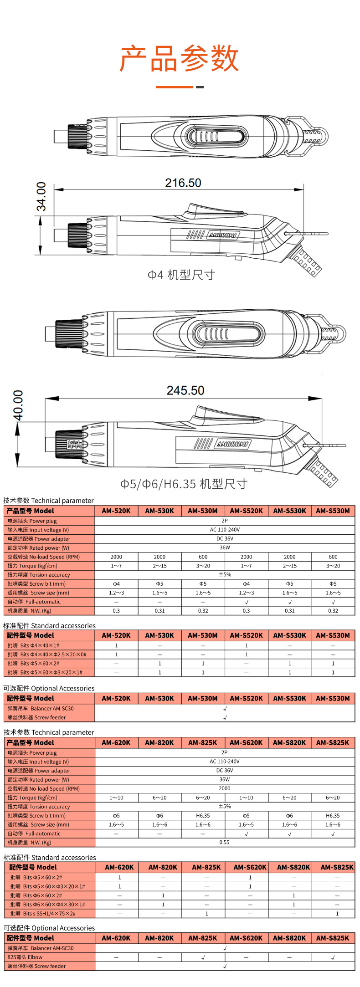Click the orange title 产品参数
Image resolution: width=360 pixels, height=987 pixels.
[179, 59]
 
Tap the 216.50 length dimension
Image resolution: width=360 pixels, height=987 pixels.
[183, 183]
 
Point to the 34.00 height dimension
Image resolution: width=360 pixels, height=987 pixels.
[41, 196]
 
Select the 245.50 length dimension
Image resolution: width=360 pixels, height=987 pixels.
[185, 390]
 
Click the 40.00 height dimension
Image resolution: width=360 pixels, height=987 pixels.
[18, 405]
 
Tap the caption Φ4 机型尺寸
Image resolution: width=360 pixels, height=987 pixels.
[181, 275]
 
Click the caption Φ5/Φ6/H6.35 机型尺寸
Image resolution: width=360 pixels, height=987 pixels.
[184, 484]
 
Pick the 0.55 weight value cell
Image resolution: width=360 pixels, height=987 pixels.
[224, 842]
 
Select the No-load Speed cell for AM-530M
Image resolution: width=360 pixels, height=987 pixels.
[203, 557]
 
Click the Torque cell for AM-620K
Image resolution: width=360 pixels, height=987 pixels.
[116, 798]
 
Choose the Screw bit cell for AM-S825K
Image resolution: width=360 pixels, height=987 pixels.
[333, 816]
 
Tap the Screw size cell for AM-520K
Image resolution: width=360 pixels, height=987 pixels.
[116, 593]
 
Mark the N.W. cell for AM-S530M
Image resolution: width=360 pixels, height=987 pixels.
[333, 611]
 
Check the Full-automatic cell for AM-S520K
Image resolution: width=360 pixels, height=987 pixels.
[246, 602]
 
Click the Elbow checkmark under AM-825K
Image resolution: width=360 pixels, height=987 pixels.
[203, 957]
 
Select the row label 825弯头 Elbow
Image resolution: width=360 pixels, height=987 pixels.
[25, 957]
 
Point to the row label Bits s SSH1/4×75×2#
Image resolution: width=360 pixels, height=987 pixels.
[43, 913]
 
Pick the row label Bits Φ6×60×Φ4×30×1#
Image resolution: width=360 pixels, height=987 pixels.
[48, 905]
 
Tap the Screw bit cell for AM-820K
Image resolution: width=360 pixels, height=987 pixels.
[159, 816]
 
